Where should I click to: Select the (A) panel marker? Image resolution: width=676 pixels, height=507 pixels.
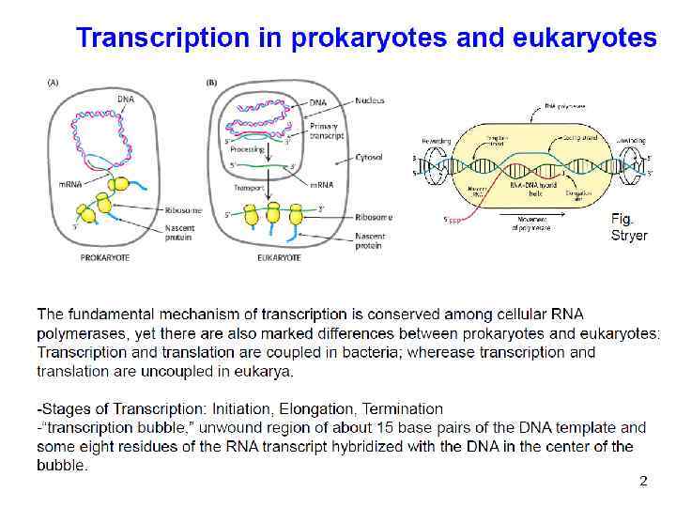point(53,83)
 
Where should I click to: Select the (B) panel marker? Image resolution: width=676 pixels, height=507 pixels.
point(211,83)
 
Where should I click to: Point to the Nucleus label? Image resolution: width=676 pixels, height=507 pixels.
point(371,100)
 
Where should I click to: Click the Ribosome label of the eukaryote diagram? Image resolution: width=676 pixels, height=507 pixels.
point(374,217)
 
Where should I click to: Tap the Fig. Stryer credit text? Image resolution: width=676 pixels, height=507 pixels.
point(628,226)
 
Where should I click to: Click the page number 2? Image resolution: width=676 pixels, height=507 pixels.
point(643,481)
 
